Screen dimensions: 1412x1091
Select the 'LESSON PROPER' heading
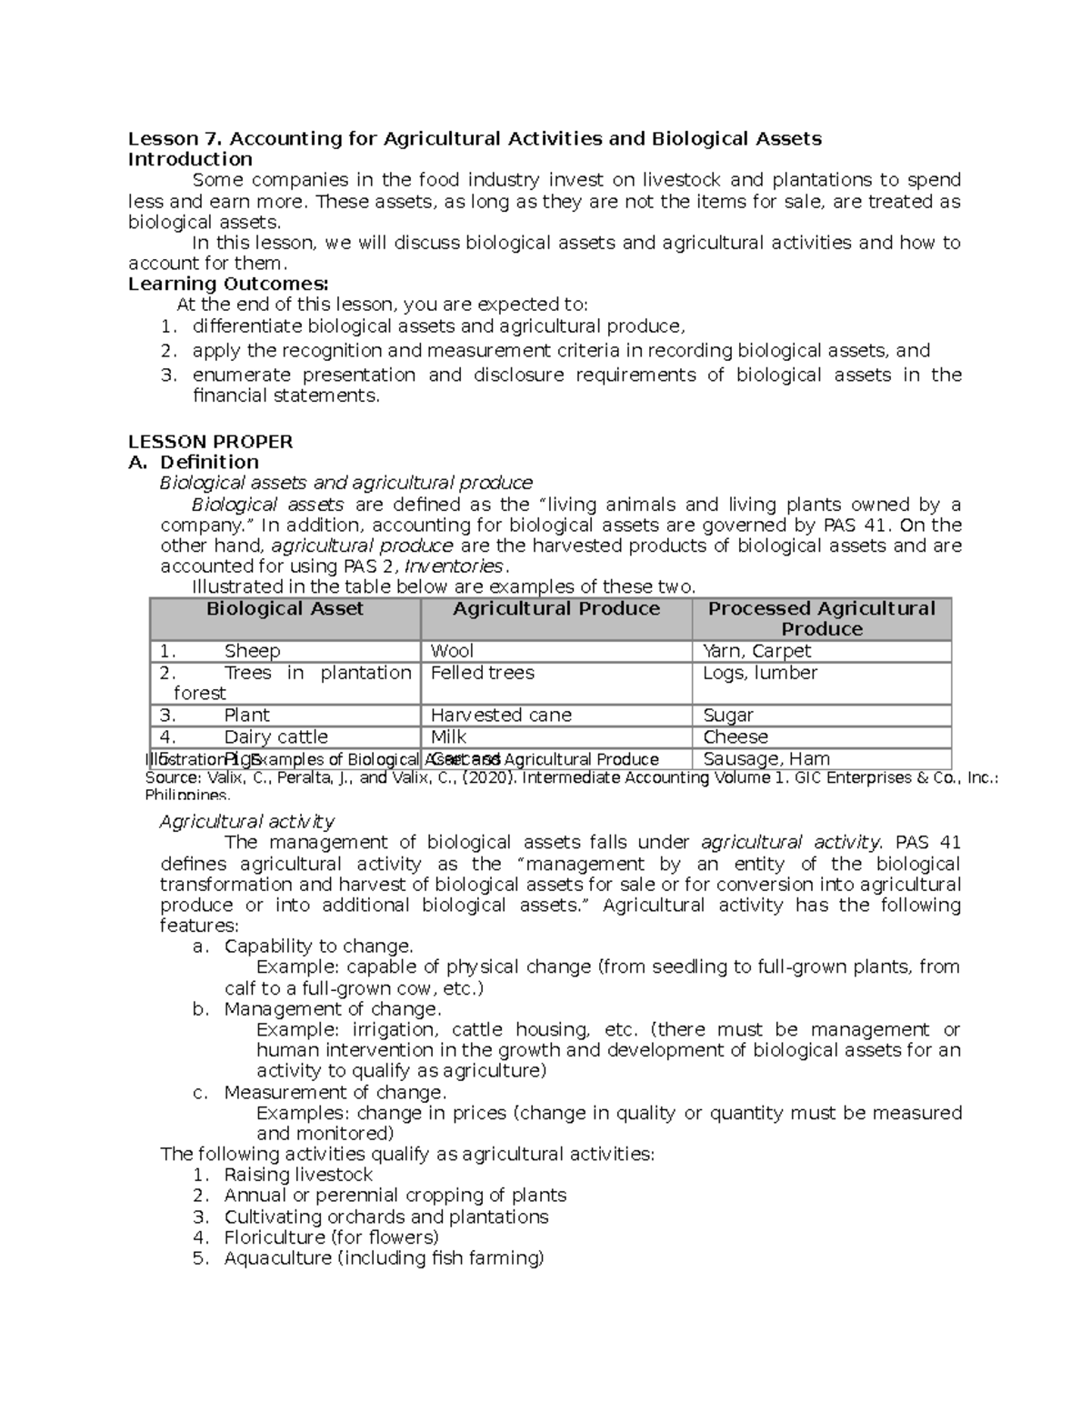(x=210, y=442)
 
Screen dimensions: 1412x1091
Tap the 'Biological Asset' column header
(x=285, y=609)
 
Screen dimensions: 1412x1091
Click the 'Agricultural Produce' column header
(x=556, y=609)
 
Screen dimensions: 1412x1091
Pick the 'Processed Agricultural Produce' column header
(x=821, y=618)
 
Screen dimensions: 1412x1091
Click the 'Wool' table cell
(x=452, y=651)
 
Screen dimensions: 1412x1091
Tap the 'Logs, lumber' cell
(x=760, y=673)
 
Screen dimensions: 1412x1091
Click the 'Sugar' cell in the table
(x=728, y=716)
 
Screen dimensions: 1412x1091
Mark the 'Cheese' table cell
(x=736, y=737)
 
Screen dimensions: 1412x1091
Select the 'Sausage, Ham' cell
(x=766, y=759)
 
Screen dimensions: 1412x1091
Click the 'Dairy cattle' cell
(x=275, y=737)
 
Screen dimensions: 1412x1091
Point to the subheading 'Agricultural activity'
(x=247, y=822)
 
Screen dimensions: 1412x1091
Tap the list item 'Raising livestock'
(x=298, y=1175)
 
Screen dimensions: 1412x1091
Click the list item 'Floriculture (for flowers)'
(x=331, y=1237)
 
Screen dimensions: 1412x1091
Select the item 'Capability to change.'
(x=318, y=946)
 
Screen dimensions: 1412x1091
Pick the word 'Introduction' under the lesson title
(x=190, y=159)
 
